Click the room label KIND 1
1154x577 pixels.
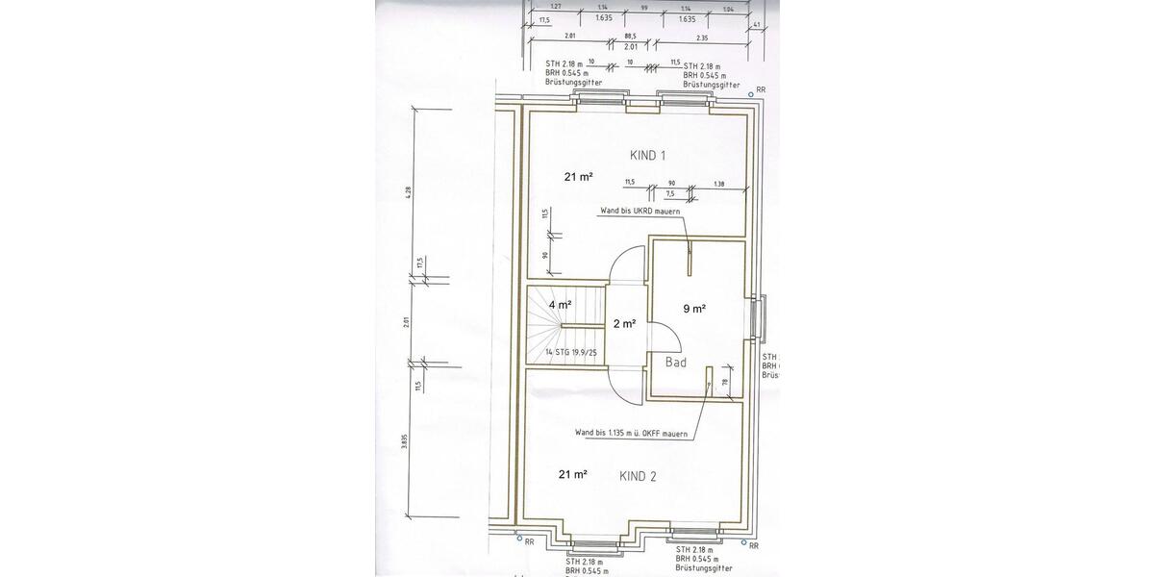pos(647,155)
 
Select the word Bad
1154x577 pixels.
pos(675,363)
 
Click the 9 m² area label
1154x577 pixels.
pos(694,309)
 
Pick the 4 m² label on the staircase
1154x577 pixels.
pos(560,305)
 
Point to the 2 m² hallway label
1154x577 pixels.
pos(624,324)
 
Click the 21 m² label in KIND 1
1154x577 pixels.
pos(578,176)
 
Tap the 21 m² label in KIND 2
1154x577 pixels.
pos(573,474)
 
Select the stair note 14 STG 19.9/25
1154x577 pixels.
pos(571,353)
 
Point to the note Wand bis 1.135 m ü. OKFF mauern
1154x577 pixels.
pos(631,434)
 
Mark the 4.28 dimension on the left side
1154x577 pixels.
pos(408,191)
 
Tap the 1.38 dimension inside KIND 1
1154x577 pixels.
pos(718,183)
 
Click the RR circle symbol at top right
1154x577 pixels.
pos(750,95)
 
